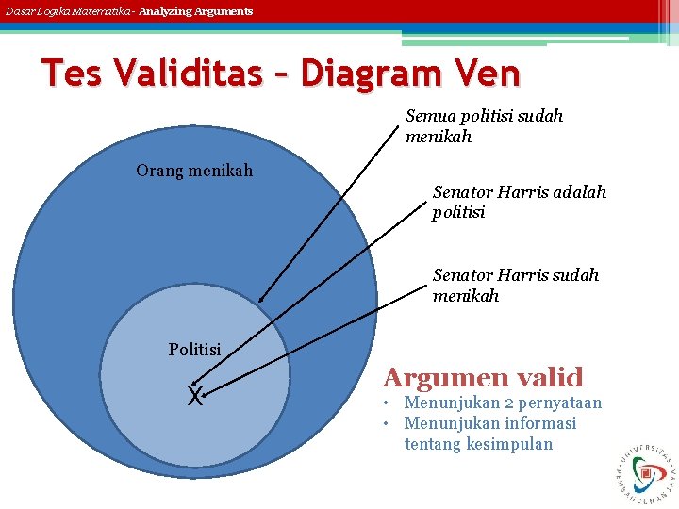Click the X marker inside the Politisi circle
click(195, 397)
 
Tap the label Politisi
click(194, 350)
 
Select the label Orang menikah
click(194, 171)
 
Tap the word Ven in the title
click(488, 73)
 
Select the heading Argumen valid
click(483, 378)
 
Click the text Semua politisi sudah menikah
click(484, 125)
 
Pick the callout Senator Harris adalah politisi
click(519, 202)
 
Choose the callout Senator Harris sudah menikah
click(515, 285)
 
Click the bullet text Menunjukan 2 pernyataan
click(503, 403)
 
